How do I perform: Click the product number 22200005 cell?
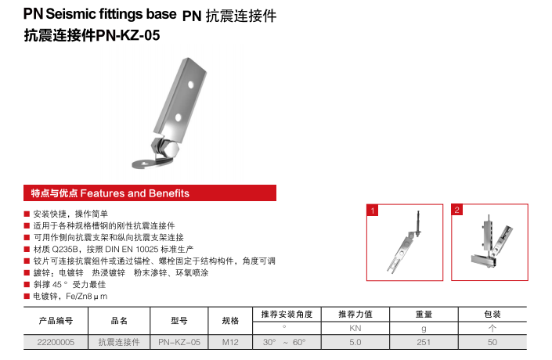pyautogui.click(x=56, y=342)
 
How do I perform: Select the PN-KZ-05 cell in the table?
pyautogui.click(x=179, y=342)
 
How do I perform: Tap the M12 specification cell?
pyautogui.click(x=230, y=342)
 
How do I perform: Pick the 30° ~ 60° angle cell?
pyautogui.click(x=284, y=342)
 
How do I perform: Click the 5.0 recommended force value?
pyautogui.click(x=355, y=342)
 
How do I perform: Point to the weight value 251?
pyautogui.click(x=424, y=342)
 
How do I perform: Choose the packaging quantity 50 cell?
pyautogui.click(x=492, y=342)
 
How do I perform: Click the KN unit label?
pyautogui.click(x=355, y=329)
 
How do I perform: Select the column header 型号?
pyautogui.click(x=179, y=321)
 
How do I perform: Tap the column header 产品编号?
pyautogui.click(x=56, y=321)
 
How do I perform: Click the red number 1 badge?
pyautogui.click(x=373, y=211)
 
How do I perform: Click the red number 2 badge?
pyautogui.click(x=457, y=210)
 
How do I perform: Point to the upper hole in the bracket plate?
pyautogui.click(x=191, y=85)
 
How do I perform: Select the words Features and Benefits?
pyautogui.click(x=135, y=193)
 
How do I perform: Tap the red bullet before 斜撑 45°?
pyautogui.click(x=27, y=284)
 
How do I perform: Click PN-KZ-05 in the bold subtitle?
pyautogui.click(x=128, y=35)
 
